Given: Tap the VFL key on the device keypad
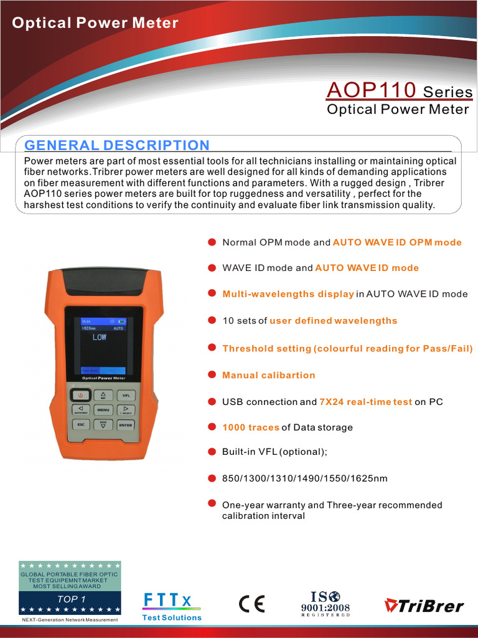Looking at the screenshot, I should click(126, 395).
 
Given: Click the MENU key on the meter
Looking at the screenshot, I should click(103, 410).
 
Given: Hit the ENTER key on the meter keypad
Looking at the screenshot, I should click(126, 425).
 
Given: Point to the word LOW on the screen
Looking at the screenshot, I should click(100, 337).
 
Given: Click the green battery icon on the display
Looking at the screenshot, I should click(121, 321).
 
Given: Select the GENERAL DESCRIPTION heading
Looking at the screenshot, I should click(117, 145).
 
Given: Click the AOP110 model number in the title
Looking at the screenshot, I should click(371, 90).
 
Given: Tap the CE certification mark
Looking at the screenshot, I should click(251, 604).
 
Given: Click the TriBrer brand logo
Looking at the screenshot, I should click(424, 605).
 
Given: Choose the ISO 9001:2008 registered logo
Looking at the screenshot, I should click(326, 602).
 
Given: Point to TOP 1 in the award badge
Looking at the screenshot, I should click(71, 599).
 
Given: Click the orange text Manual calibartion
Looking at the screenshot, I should click(269, 375).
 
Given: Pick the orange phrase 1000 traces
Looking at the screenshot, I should click(251, 427).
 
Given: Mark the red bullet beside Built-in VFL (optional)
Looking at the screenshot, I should click(212, 451).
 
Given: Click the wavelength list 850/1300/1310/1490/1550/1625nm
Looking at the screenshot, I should click(305, 478).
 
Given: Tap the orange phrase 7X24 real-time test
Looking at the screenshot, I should click(365, 402).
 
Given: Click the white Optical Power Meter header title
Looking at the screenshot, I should click(95, 23).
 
